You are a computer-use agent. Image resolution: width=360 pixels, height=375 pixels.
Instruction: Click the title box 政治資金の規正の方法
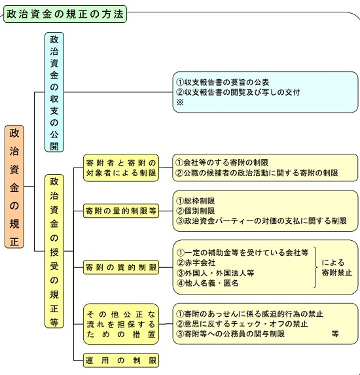[65, 14]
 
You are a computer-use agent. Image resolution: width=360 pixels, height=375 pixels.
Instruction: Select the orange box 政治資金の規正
[14, 187]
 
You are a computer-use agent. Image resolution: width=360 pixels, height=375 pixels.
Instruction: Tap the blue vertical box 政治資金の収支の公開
[54, 92]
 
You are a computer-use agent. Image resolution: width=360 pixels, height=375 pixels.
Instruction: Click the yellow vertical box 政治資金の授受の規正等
[54, 251]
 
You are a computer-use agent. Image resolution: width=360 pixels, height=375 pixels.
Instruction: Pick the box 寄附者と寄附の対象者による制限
[121, 168]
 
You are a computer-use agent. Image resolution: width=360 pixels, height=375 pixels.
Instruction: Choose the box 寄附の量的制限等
[121, 211]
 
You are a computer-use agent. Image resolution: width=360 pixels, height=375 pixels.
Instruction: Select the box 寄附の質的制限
[121, 267]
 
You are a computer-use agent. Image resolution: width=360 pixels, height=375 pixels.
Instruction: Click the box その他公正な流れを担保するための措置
[121, 324]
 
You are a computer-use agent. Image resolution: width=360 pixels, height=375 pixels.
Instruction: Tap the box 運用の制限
[121, 360]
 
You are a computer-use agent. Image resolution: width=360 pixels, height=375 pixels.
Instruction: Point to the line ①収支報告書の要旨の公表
[223, 82]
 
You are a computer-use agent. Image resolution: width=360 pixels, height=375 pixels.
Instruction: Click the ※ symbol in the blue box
[180, 102]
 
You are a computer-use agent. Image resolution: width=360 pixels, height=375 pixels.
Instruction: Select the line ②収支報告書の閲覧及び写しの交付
[238, 92]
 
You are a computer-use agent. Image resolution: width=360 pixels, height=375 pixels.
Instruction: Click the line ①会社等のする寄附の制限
[222, 162]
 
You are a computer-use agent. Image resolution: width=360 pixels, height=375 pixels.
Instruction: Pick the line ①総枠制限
[196, 201]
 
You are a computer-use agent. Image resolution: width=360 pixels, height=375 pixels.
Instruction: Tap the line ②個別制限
[196, 211]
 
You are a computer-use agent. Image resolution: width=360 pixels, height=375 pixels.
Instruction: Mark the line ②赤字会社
[196, 262]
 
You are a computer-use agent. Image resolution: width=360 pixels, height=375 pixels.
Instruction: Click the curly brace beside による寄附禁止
[316, 267]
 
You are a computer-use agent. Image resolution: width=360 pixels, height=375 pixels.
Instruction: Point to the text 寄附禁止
[337, 273]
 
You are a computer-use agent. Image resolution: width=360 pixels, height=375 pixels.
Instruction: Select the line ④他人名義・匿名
[207, 283]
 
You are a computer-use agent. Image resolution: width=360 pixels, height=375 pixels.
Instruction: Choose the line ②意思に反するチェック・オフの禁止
[242, 324]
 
